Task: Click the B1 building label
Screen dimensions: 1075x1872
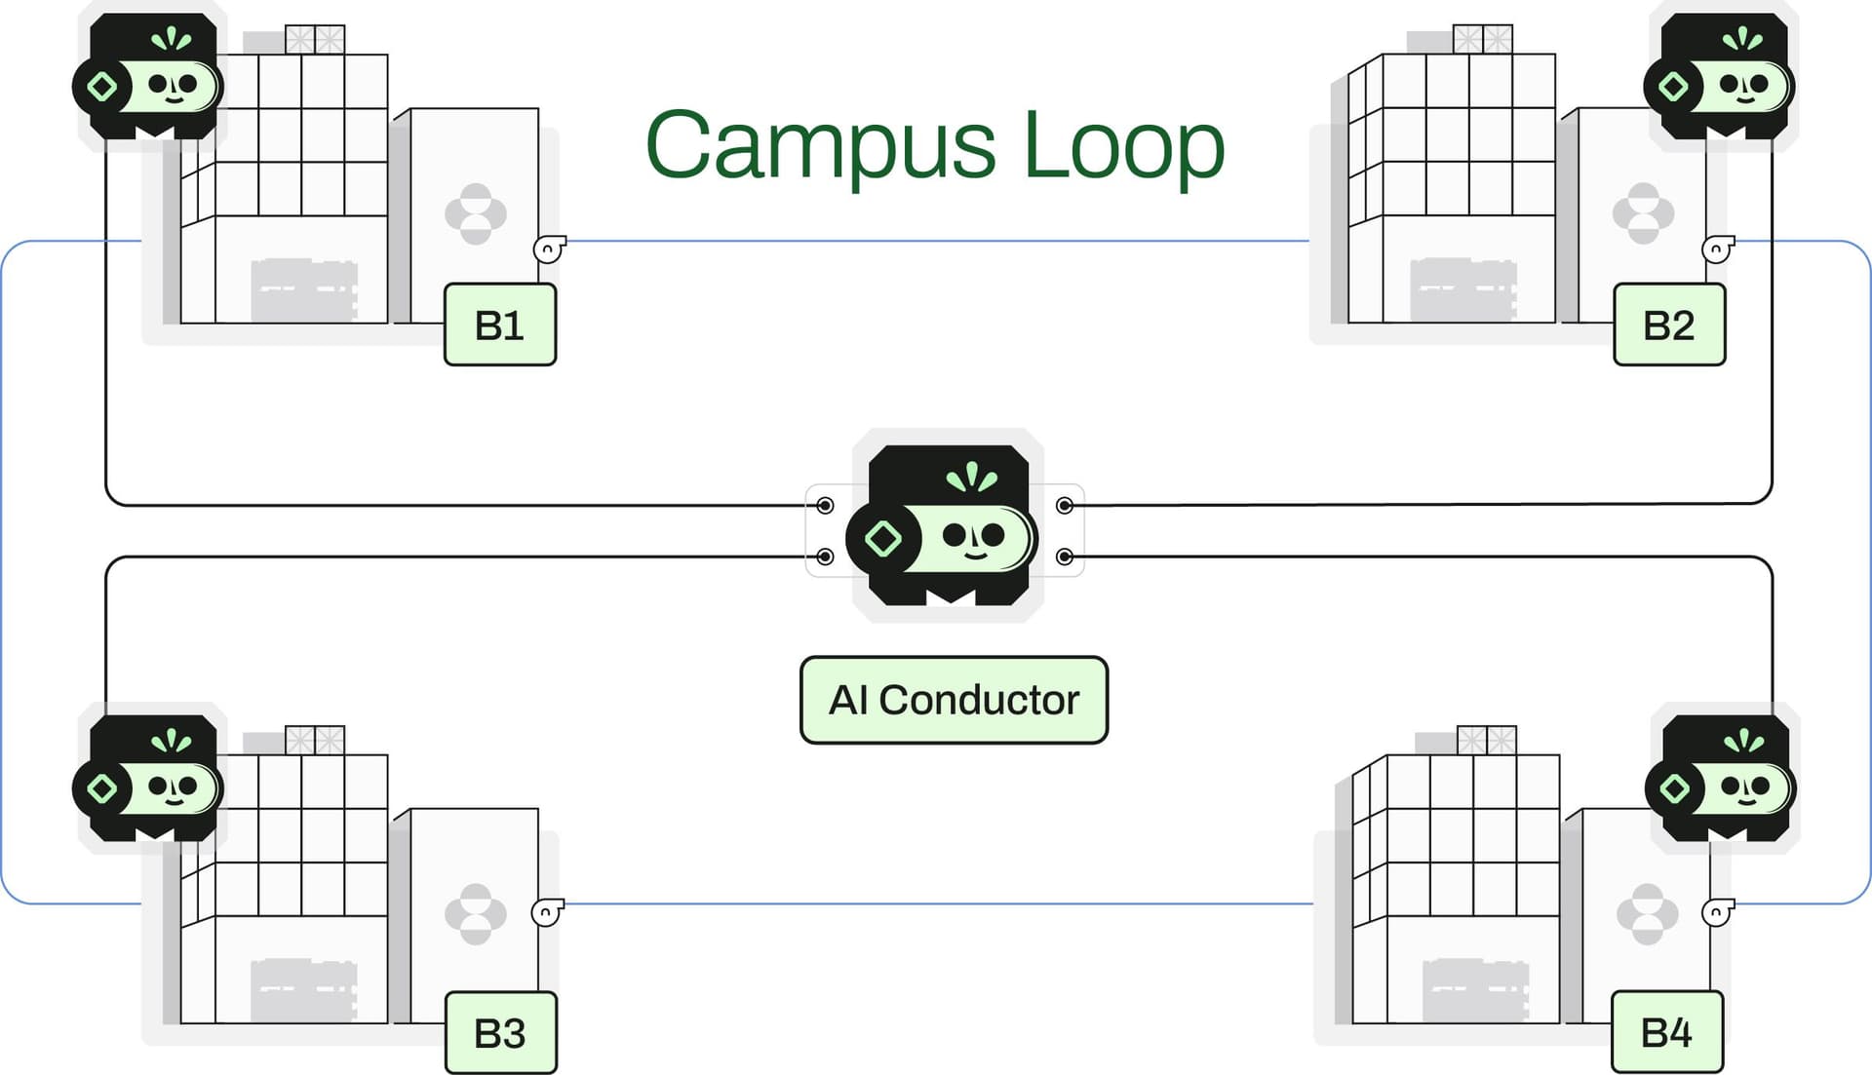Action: coord(499,326)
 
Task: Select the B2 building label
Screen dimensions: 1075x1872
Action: coord(1668,326)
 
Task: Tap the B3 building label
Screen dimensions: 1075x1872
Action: coord(500,1033)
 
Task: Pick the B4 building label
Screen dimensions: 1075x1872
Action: coord(1666,1032)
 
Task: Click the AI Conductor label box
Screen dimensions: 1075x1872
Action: coord(954,700)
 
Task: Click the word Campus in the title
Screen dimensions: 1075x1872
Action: coord(820,146)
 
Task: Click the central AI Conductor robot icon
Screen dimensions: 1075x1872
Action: coord(947,526)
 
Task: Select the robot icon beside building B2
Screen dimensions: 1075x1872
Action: coord(1721,78)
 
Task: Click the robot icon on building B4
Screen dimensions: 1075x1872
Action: coord(1722,780)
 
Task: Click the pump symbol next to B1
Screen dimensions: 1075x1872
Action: coord(549,250)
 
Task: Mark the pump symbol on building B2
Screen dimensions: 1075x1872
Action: coord(1716,250)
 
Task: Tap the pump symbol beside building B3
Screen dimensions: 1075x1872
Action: coord(547,912)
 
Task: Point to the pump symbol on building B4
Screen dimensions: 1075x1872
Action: coord(1717,912)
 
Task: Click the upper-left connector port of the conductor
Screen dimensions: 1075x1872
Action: coord(825,505)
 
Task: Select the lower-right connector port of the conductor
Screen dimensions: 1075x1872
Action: coord(1065,557)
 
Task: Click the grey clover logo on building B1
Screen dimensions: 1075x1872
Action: coord(476,213)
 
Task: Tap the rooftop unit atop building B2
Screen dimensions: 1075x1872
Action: coord(1482,39)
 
